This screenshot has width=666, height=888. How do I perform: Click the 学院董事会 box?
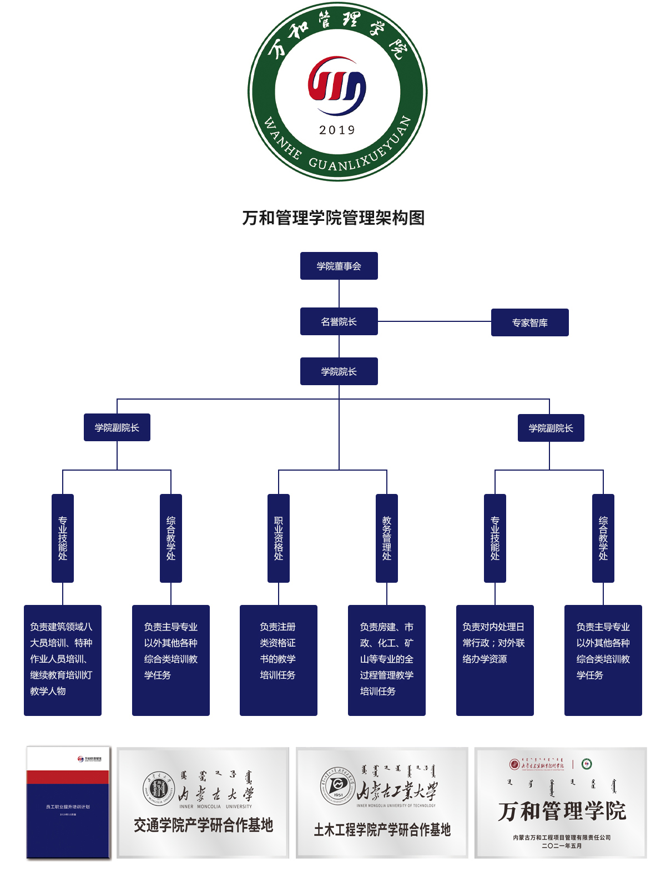click(339, 266)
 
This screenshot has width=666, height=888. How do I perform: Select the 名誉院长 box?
click(339, 321)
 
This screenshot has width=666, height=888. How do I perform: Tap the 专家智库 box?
click(529, 322)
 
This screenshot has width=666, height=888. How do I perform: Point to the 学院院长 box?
click(339, 371)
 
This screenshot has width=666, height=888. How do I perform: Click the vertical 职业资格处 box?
click(279, 538)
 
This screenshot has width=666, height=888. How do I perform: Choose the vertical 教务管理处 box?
click(387, 538)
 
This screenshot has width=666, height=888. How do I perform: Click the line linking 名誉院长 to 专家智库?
click(434, 321)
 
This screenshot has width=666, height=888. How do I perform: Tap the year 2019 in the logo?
click(337, 130)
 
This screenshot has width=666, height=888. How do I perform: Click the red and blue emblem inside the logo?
click(337, 86)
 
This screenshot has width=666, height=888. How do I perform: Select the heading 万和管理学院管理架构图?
click(333, 218)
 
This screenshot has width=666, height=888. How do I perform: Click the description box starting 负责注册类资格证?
click(279, 660)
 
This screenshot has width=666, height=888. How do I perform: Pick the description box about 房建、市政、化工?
click(387, 660)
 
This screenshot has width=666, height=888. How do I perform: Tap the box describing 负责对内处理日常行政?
click(495, 660)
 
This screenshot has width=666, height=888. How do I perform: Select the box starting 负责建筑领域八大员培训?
click(63, 660)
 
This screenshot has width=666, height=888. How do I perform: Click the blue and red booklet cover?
click(68, 803)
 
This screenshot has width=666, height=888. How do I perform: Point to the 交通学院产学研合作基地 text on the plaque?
click(203, 825)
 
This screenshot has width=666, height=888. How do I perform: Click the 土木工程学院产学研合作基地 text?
click(382, 830)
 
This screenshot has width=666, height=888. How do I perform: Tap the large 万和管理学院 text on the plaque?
click(562, 811)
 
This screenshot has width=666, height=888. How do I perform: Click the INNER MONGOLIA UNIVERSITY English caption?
click(215, 806)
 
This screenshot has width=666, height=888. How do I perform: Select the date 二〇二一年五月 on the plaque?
click(562, 846)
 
